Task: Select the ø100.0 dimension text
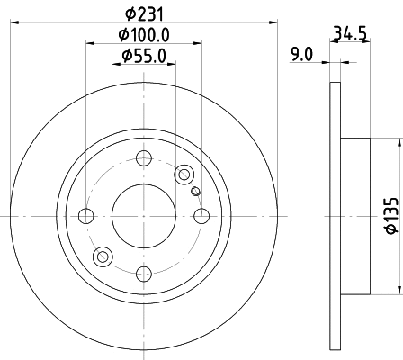pyautogui.click(x=144, y=35)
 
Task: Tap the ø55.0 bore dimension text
pyautogui.click(x=144, y=57)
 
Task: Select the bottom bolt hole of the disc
pyautogui.click(x=144, y=274)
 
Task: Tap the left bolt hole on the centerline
pyautogui.click(x=86, y=216)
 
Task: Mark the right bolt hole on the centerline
pyautogui.click(x=201, y=216)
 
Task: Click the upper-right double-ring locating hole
pyautogui.click(x=185, y=174)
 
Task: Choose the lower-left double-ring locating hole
pyautogui.click(x=103, y=257)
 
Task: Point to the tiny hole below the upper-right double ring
pyautogui.click(x=195, y=190)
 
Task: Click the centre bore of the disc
pyautogui.click(x=144, y=216)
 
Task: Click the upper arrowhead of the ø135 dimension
pyautogui.click(x=398, y=144)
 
